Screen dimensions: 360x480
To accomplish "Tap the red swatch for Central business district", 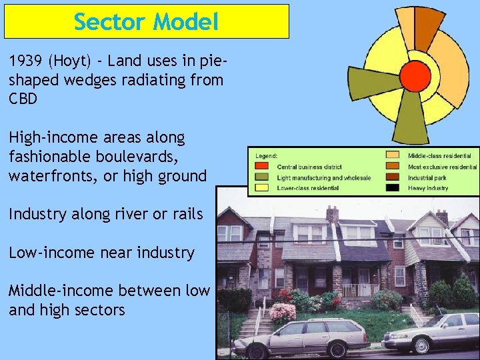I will (x=263, y=167).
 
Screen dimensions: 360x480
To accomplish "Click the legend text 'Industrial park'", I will (x=427, y=178).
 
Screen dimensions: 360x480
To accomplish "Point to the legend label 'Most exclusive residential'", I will (x=442, y=167).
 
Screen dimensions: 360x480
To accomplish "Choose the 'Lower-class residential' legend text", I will (x=307, y=189).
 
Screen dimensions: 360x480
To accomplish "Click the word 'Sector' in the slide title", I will (x=109, y=22).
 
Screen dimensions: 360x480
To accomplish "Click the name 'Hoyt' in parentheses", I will (x=73, y=61).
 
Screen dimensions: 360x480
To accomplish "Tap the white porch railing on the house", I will (x=360, y=290).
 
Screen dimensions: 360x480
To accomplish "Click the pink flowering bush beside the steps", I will (x=283, y=311).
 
